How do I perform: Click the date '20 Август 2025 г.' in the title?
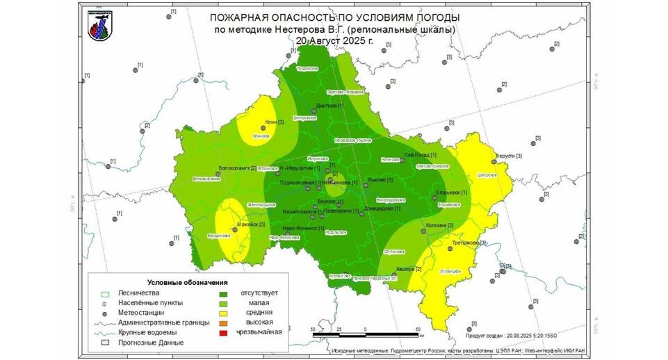tap(334, 40)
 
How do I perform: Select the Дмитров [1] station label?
tap(329, 106)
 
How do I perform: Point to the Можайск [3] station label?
tap(252, 224)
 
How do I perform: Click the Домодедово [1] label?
tap(382, 208)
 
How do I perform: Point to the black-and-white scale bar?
tap(365, 336)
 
